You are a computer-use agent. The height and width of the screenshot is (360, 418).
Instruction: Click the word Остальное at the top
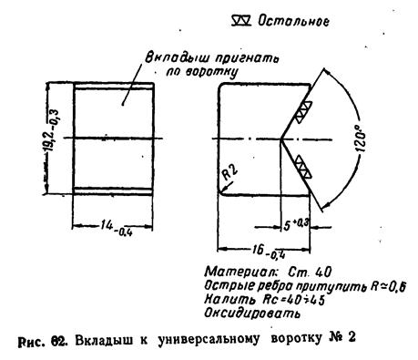click(x=293, y=21)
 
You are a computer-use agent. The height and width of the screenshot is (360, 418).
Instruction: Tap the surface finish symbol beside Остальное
click(x=241, y=21)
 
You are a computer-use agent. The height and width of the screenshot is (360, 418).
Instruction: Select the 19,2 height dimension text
click(x=53, y=130)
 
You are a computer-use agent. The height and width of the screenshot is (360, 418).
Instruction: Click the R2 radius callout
click(x=229, y=172)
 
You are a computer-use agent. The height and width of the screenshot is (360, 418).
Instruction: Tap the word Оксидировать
click(x=252, y=313)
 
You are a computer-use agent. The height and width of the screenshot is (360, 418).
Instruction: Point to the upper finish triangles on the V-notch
click(x=304, y=112)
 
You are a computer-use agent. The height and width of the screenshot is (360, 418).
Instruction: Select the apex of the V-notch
click(x=281, y=139)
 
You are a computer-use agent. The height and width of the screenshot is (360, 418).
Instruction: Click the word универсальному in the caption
click(x=209, y=339)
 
